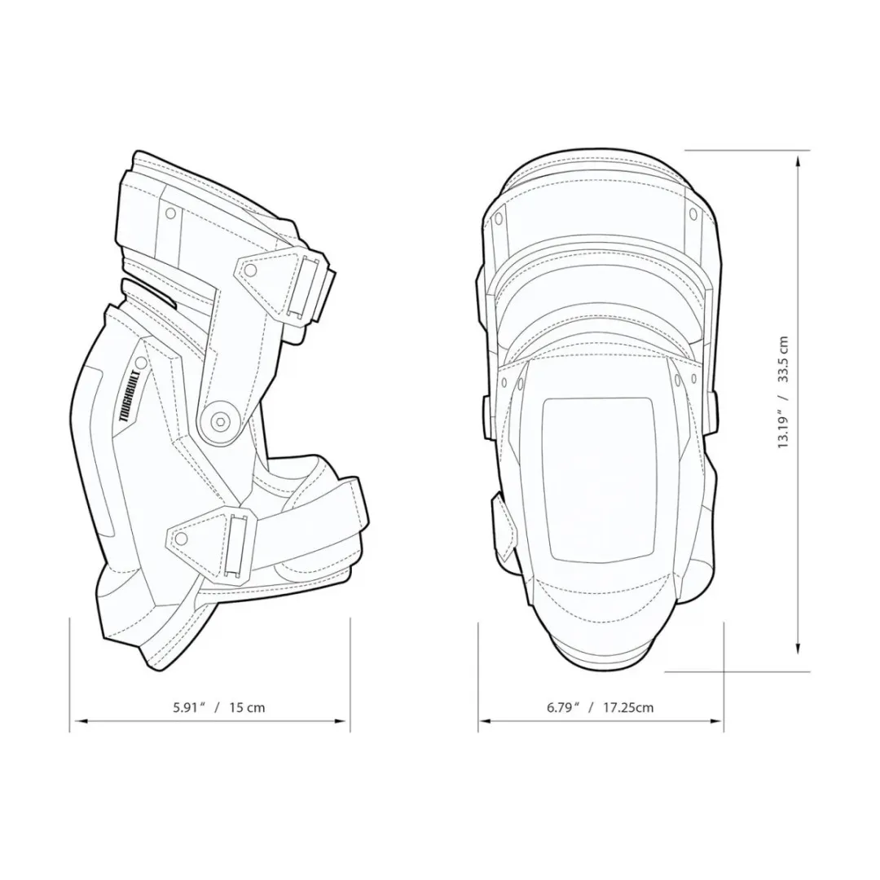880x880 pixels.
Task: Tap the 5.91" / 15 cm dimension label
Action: [x=219, y=707]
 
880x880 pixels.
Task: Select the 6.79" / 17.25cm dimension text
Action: [x=600, y=707]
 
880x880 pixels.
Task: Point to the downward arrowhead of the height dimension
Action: [x=799, y=647]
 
